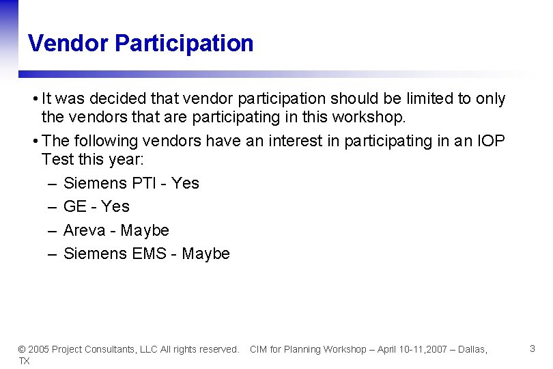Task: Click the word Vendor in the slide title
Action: click(68, 43)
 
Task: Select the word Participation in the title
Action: click(184, 44)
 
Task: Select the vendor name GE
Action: click(75, 206)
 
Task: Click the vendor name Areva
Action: click(84, 230)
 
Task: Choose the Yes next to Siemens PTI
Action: click(185, 183)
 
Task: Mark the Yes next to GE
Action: click(115, 206)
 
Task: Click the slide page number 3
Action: click(532, 348)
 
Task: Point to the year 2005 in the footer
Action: click(38, 349)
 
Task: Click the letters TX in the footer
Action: click(24, 361)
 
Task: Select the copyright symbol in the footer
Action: click(21, 349)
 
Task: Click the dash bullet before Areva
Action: click(53, 230)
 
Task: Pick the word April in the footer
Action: click(382, 349)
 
